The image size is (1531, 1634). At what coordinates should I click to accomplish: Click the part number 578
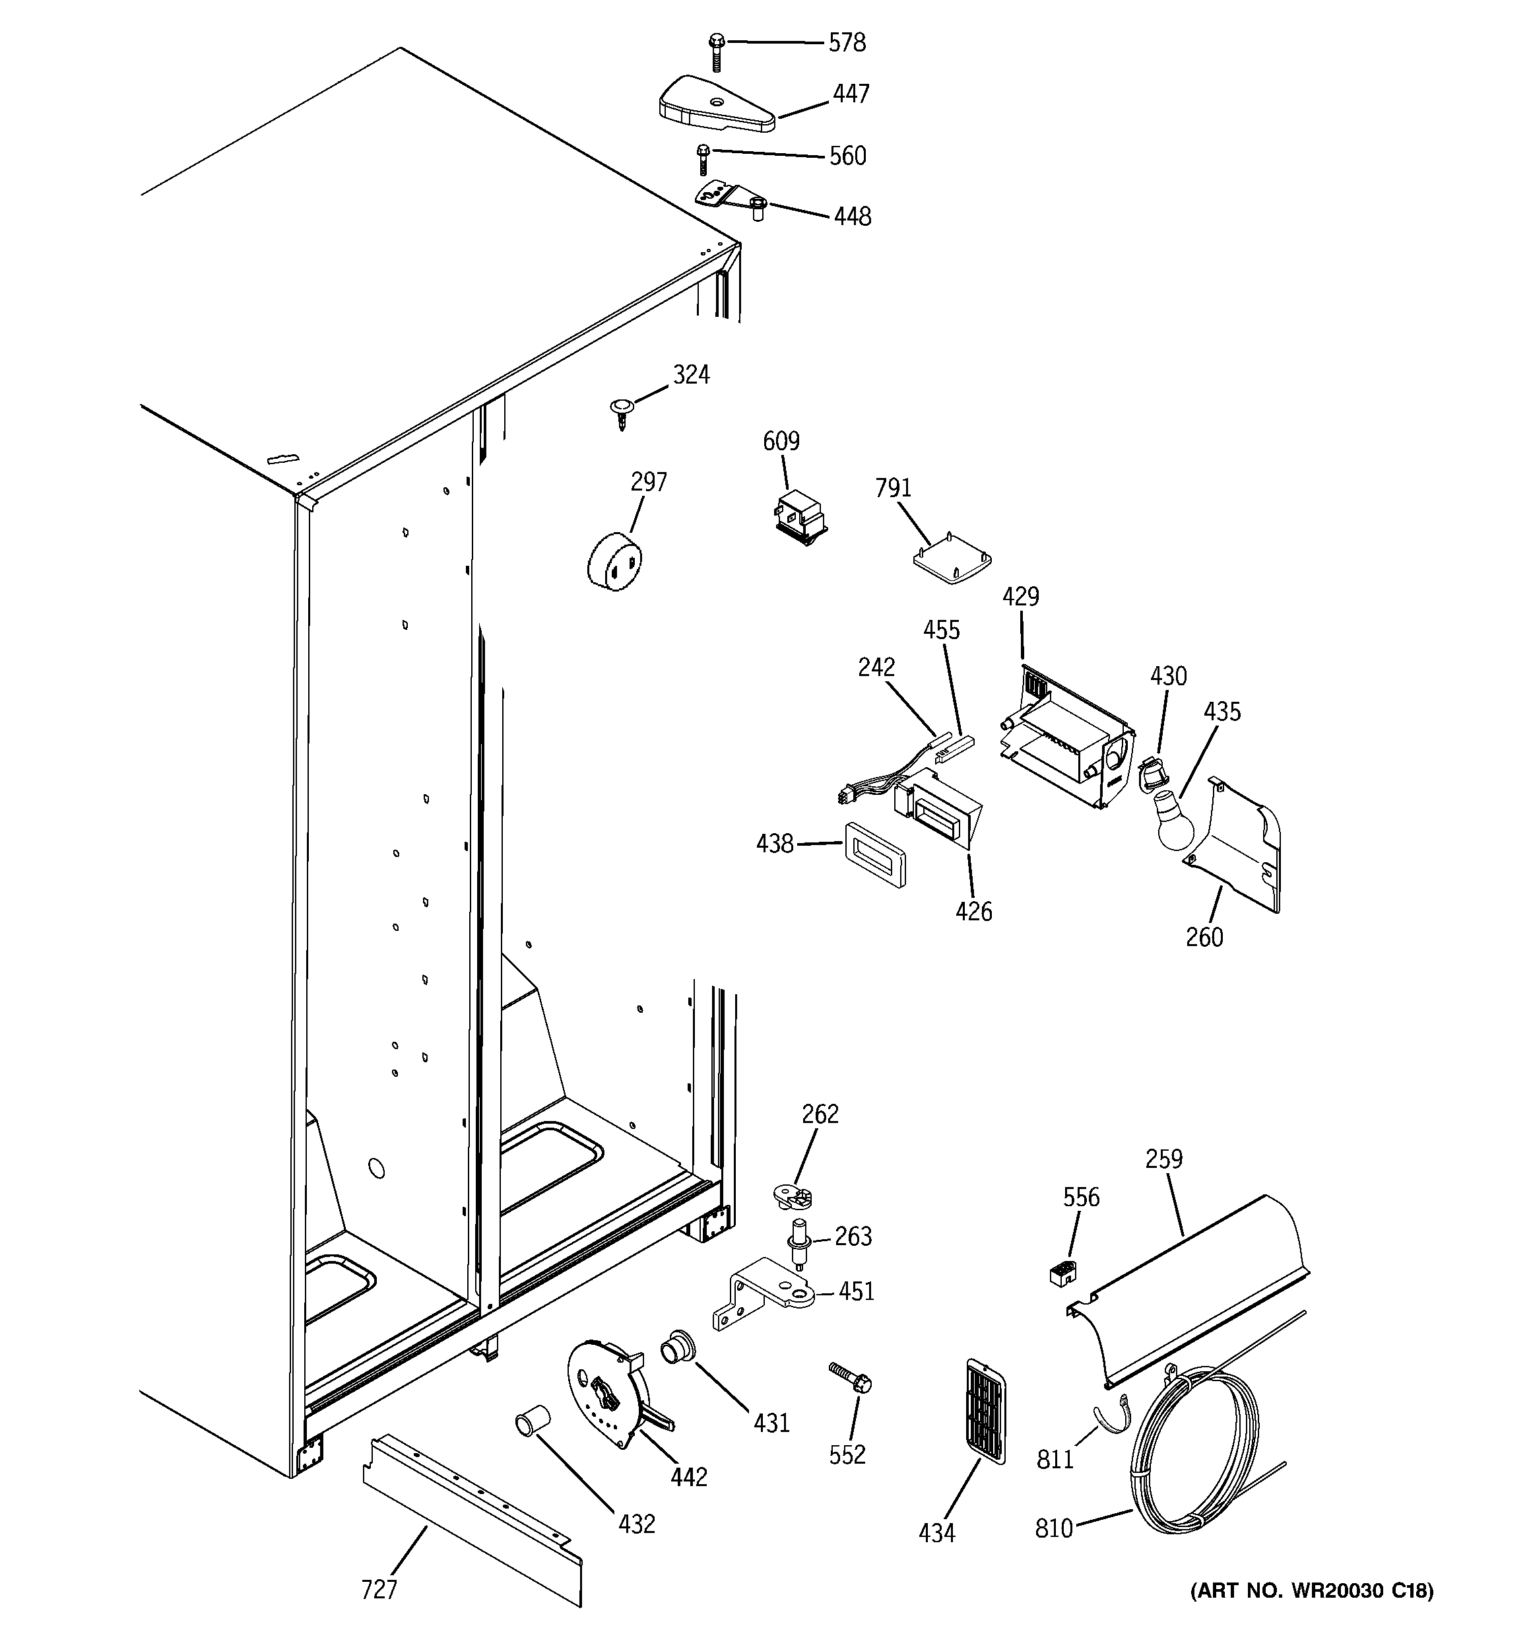tap(847, 43)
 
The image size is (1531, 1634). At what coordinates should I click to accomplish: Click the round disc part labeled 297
tap(614, 561)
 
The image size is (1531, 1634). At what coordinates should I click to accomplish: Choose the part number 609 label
tap(781, 442)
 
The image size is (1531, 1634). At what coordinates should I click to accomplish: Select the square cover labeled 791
tap(952, 560)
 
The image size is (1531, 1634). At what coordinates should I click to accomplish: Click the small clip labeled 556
tap(1062, 1275)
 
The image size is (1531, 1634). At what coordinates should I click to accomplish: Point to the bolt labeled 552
tap(850, 1377)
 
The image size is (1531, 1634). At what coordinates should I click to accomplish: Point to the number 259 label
tap(1163, 1159)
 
